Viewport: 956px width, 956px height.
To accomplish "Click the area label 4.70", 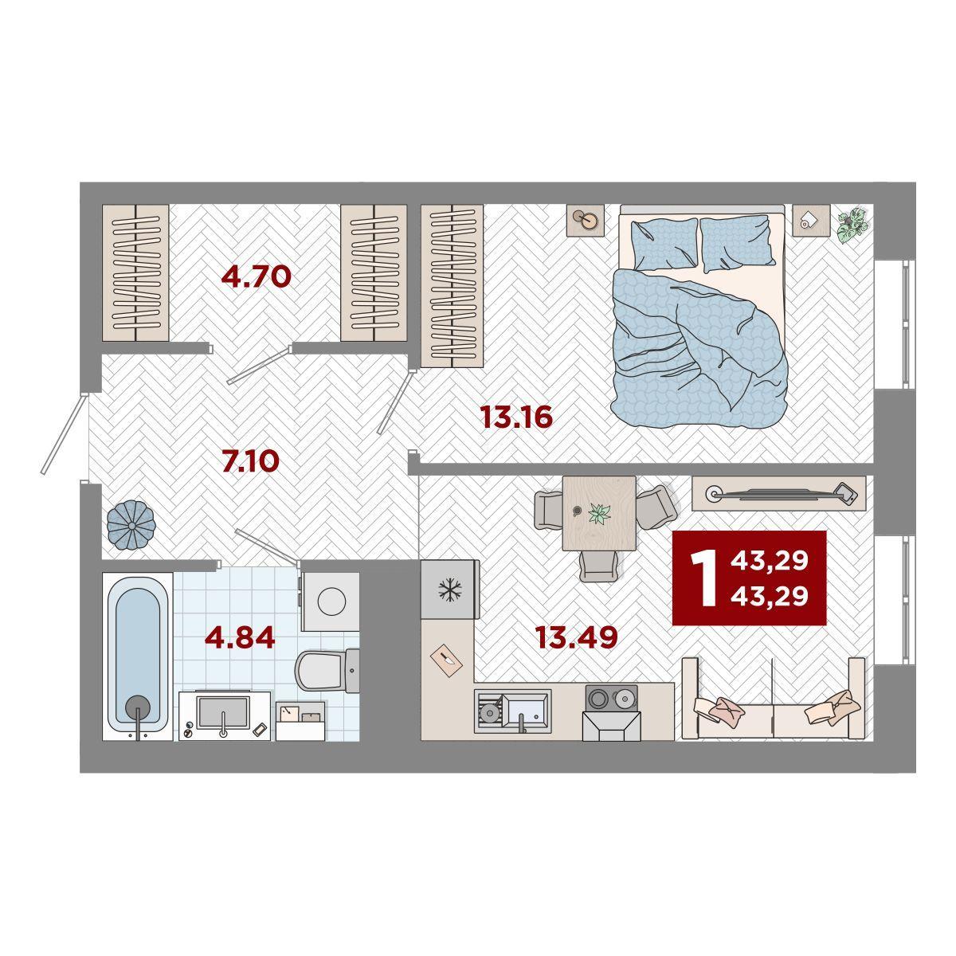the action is click(x=256, y=276).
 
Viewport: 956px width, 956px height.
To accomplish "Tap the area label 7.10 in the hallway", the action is click(x=250, y=461).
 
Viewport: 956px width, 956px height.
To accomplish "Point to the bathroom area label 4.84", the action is click(x=240, y=637).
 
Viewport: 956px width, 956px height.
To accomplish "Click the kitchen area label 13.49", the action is click(x=577, y=637).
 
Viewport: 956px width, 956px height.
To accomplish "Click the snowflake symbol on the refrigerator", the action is click(x=450, y=590).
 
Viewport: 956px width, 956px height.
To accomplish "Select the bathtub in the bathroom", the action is click(x=137, y=656).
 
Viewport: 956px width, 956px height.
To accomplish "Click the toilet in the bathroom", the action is click(x=327, y=669).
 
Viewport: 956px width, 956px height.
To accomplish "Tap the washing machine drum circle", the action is click(x=331, y=601).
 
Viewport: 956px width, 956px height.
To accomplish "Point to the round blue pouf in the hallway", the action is click(x=131, y=525).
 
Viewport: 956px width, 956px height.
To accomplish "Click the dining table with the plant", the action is click(x=599, y=513).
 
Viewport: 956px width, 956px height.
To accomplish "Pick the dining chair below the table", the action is click(x=599, y=566).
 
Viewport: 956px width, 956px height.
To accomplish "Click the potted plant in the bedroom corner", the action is click(x=852, y=225).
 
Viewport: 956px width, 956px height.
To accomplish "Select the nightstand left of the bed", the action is click(x=586, y=220).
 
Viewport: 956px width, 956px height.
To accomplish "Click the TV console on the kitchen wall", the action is click(x=778, y=493).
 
